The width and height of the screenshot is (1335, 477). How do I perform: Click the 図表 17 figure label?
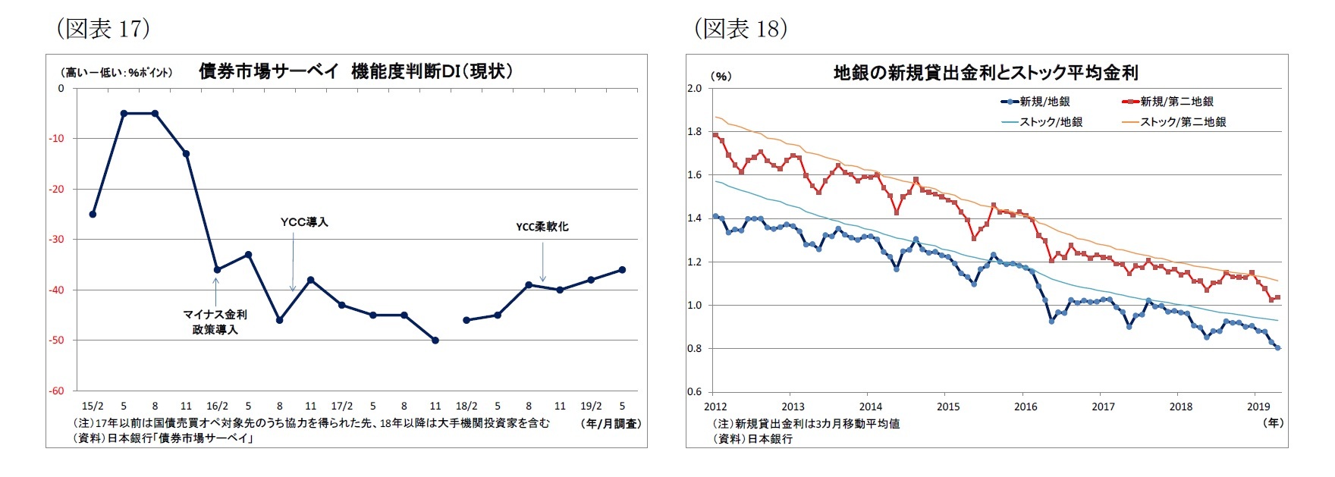103,28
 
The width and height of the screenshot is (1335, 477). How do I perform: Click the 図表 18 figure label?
740,28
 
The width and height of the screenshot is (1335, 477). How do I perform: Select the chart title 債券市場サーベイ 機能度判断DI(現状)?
356,71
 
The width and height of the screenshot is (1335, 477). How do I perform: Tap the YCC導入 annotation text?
304,222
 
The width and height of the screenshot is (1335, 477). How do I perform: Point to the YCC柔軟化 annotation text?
542,227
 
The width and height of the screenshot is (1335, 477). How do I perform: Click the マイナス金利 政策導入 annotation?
215,322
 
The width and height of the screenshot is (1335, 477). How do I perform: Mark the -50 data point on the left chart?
435,340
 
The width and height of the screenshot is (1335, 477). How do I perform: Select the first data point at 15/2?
93,214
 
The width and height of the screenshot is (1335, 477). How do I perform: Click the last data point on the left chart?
622,269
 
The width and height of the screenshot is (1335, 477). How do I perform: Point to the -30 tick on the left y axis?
58,239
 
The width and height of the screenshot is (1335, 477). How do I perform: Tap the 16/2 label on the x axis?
217,406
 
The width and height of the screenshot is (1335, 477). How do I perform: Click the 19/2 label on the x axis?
591,406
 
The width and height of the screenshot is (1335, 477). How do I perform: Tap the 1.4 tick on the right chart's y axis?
694,218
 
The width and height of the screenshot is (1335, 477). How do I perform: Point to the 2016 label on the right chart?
1026,406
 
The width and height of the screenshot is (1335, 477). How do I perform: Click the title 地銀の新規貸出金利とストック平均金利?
985,73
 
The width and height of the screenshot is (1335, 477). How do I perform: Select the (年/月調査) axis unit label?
612,424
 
